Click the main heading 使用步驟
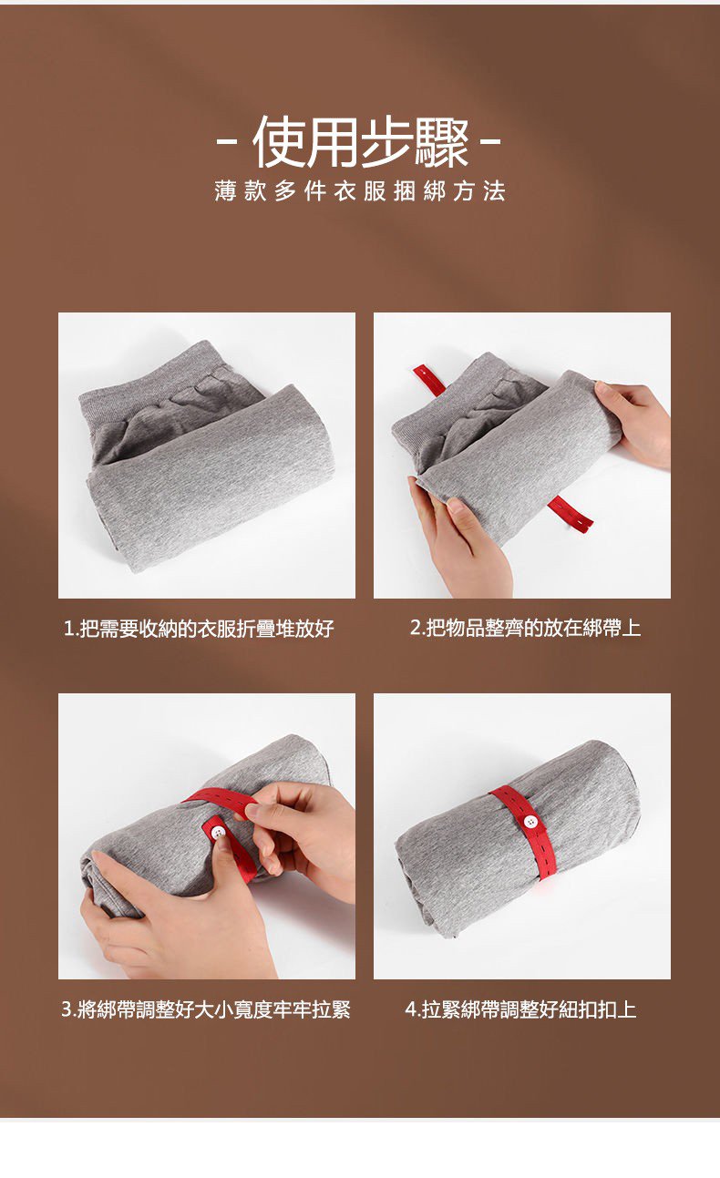click(x=360, y=141)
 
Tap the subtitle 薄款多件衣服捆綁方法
click(x=360, y=190)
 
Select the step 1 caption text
click(x=199, y=629)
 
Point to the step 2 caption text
click(x=525, y=628)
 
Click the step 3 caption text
click(x=206, y=1009)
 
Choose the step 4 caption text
click(x=520, y=1009)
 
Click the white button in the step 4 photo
click(x=530, y=821)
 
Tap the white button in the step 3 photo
click(x=218, y=832)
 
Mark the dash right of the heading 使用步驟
click(x=490, y=142)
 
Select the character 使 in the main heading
click(x=279, y=142)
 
